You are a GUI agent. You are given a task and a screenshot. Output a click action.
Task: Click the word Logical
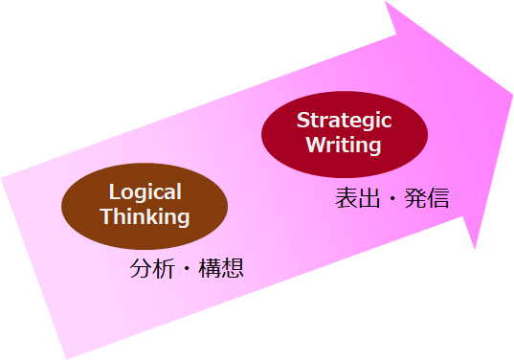pos(145,192)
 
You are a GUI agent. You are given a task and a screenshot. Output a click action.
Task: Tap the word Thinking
pos(145,216)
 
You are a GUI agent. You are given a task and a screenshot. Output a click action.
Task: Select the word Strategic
pos(345,121)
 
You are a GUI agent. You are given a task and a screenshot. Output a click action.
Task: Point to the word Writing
pos(344,145)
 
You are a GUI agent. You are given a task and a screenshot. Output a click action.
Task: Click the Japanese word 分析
pos(152,268)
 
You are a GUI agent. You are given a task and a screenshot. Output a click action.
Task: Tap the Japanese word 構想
pos(221,268)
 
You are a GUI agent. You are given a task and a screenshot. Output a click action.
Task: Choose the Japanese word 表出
pos(357,197)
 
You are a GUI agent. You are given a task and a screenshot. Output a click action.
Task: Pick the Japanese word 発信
pos(427,197)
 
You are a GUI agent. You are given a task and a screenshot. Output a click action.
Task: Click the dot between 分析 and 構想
pos(187,268)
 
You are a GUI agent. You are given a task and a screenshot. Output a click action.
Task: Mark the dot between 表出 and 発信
pos(392,197)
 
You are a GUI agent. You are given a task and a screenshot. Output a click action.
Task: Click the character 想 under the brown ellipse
pos(233,268)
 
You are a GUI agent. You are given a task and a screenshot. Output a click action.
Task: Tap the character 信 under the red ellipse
pos(438,197)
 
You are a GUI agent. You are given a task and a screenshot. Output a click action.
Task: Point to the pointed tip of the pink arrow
pos(513,95)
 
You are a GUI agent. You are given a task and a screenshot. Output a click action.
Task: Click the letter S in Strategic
pos(303,120)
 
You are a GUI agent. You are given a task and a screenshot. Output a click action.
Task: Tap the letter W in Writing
pos(316,144)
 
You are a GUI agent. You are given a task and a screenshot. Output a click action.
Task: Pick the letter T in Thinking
pos(107,215)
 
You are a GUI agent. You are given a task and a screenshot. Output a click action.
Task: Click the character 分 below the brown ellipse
pos(141,268)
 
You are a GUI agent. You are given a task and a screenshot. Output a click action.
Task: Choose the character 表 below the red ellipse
pos(346,197)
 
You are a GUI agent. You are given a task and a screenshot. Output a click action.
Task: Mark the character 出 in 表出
pos(369,197)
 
